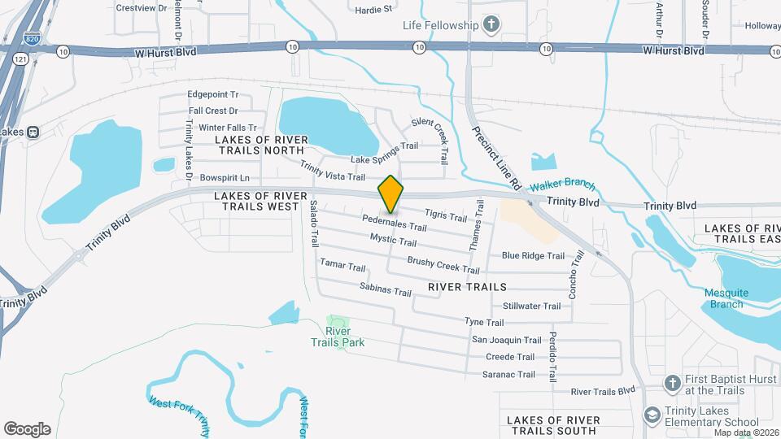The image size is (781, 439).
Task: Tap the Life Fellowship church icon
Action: [x=491, y=25]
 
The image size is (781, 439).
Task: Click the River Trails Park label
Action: [x=338, y=337]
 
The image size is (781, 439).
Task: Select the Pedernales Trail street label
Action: [x=395, y=223]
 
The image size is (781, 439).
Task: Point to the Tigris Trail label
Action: [x=446, y=215]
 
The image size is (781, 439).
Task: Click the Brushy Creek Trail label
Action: [x=443, y=264]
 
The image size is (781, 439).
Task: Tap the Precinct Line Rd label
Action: [x=496, y=158]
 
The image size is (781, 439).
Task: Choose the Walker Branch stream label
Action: [x=563, y=186]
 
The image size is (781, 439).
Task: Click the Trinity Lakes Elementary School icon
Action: [x=652, y=415]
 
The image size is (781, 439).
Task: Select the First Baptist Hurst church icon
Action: [x=672, y=383]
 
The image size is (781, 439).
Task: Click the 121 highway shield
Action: [x=19, y=60]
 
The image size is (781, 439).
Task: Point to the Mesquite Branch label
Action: [x=726, y=298]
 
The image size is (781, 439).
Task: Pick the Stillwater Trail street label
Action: [x=531, y=306]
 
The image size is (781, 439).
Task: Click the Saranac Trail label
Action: [x=508, y=375]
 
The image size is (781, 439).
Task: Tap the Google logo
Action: [x=27, y=428]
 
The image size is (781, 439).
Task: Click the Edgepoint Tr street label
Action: [x=212, y=94]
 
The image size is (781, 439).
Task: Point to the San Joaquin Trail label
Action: [x=506, y=340]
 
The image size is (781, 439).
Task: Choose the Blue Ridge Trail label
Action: [x=533, y=255]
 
